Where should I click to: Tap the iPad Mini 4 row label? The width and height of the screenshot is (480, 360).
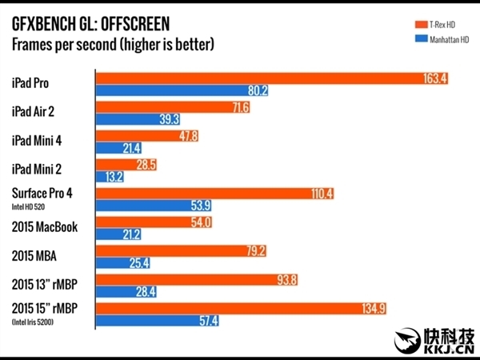(41, 141)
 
